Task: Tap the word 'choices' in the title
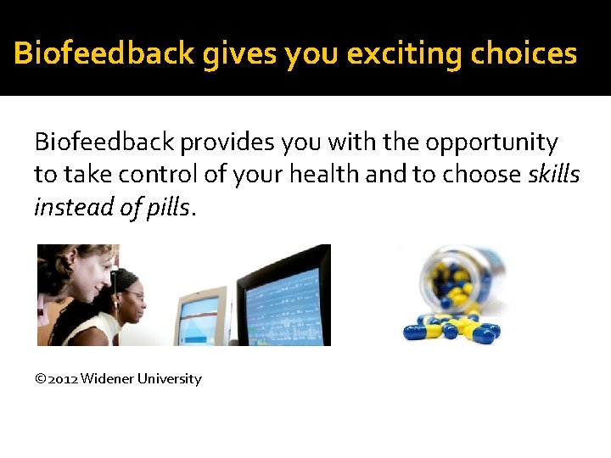click(x=524, y=54)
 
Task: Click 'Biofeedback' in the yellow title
click(x=104, y=54)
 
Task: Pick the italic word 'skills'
click(x=553, y=174)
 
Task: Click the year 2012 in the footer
click(x=63, y=379)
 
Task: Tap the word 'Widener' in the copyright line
click(x=106, y=379)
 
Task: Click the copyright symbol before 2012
click(x=40, y=379)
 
